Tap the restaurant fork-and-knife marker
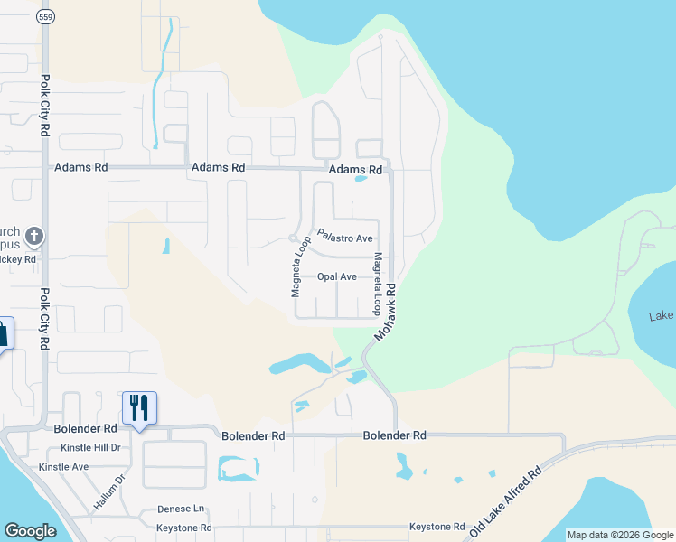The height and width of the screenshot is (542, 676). point(139,406)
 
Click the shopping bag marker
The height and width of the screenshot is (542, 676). point(3,332)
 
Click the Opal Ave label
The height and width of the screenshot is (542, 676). point(336,277)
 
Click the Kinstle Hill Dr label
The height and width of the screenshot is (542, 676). point(90,448)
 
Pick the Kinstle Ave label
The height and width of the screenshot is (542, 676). point(63,467)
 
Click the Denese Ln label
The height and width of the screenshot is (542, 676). point(181,509)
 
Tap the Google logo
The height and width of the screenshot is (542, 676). point(30,531)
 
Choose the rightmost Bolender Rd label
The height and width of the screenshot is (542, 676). point(394,435)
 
